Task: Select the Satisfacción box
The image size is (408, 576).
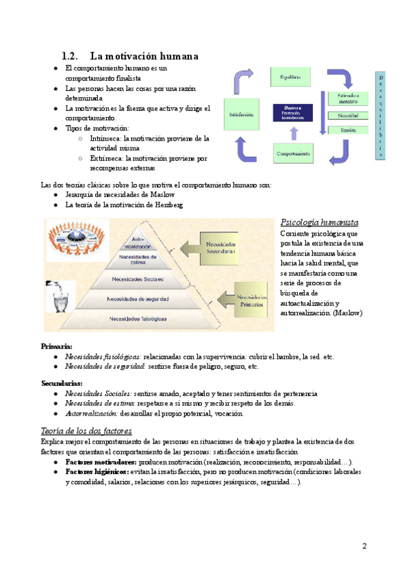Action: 241,115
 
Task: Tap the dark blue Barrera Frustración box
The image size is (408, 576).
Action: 292,112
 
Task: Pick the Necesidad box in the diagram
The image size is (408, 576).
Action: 347,115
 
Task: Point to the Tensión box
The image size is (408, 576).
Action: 347,129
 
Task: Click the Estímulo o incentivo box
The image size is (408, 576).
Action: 347,98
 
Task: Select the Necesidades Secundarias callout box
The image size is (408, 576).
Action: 219,247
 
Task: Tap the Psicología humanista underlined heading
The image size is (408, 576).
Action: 320,223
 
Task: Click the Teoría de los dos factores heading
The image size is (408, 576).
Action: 86,431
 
